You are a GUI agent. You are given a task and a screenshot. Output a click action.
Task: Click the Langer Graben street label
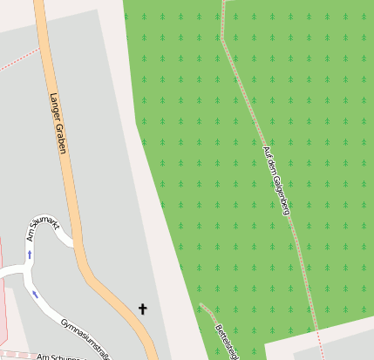58,123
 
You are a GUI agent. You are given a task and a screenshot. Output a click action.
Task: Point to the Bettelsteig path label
225,341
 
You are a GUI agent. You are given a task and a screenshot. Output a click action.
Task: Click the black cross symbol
143,308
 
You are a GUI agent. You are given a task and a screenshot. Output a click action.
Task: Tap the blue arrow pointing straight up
30,255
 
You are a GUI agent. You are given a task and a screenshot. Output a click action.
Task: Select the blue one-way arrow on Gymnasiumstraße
36,295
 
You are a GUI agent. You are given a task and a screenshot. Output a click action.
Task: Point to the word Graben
63,140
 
